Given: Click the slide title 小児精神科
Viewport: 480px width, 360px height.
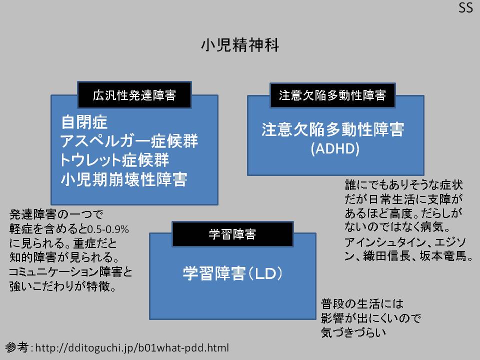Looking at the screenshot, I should [x=239, y=45].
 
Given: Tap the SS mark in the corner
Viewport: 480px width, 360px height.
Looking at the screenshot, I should [x=466, y=9].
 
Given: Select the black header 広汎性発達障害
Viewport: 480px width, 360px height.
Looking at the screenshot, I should [x=134, y=95].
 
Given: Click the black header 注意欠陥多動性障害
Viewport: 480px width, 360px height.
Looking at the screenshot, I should [x=332, y=95].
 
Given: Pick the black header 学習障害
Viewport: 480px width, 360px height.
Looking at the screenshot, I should [x=232, y=234].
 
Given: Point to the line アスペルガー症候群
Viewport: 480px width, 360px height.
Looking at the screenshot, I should [x=129, y=141].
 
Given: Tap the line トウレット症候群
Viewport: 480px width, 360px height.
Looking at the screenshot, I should [x=114, y=160].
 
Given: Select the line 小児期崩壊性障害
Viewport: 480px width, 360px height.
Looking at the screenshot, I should [x=123, y=179].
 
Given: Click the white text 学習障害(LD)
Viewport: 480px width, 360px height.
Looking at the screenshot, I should [x=233, y=273].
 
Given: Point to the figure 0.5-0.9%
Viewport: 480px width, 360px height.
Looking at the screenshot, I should [x=108, y=229].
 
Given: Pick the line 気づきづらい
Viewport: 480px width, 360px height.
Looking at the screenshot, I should [x=354, y=331].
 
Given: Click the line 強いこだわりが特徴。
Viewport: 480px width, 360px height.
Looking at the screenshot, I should [x=63, y=287].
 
